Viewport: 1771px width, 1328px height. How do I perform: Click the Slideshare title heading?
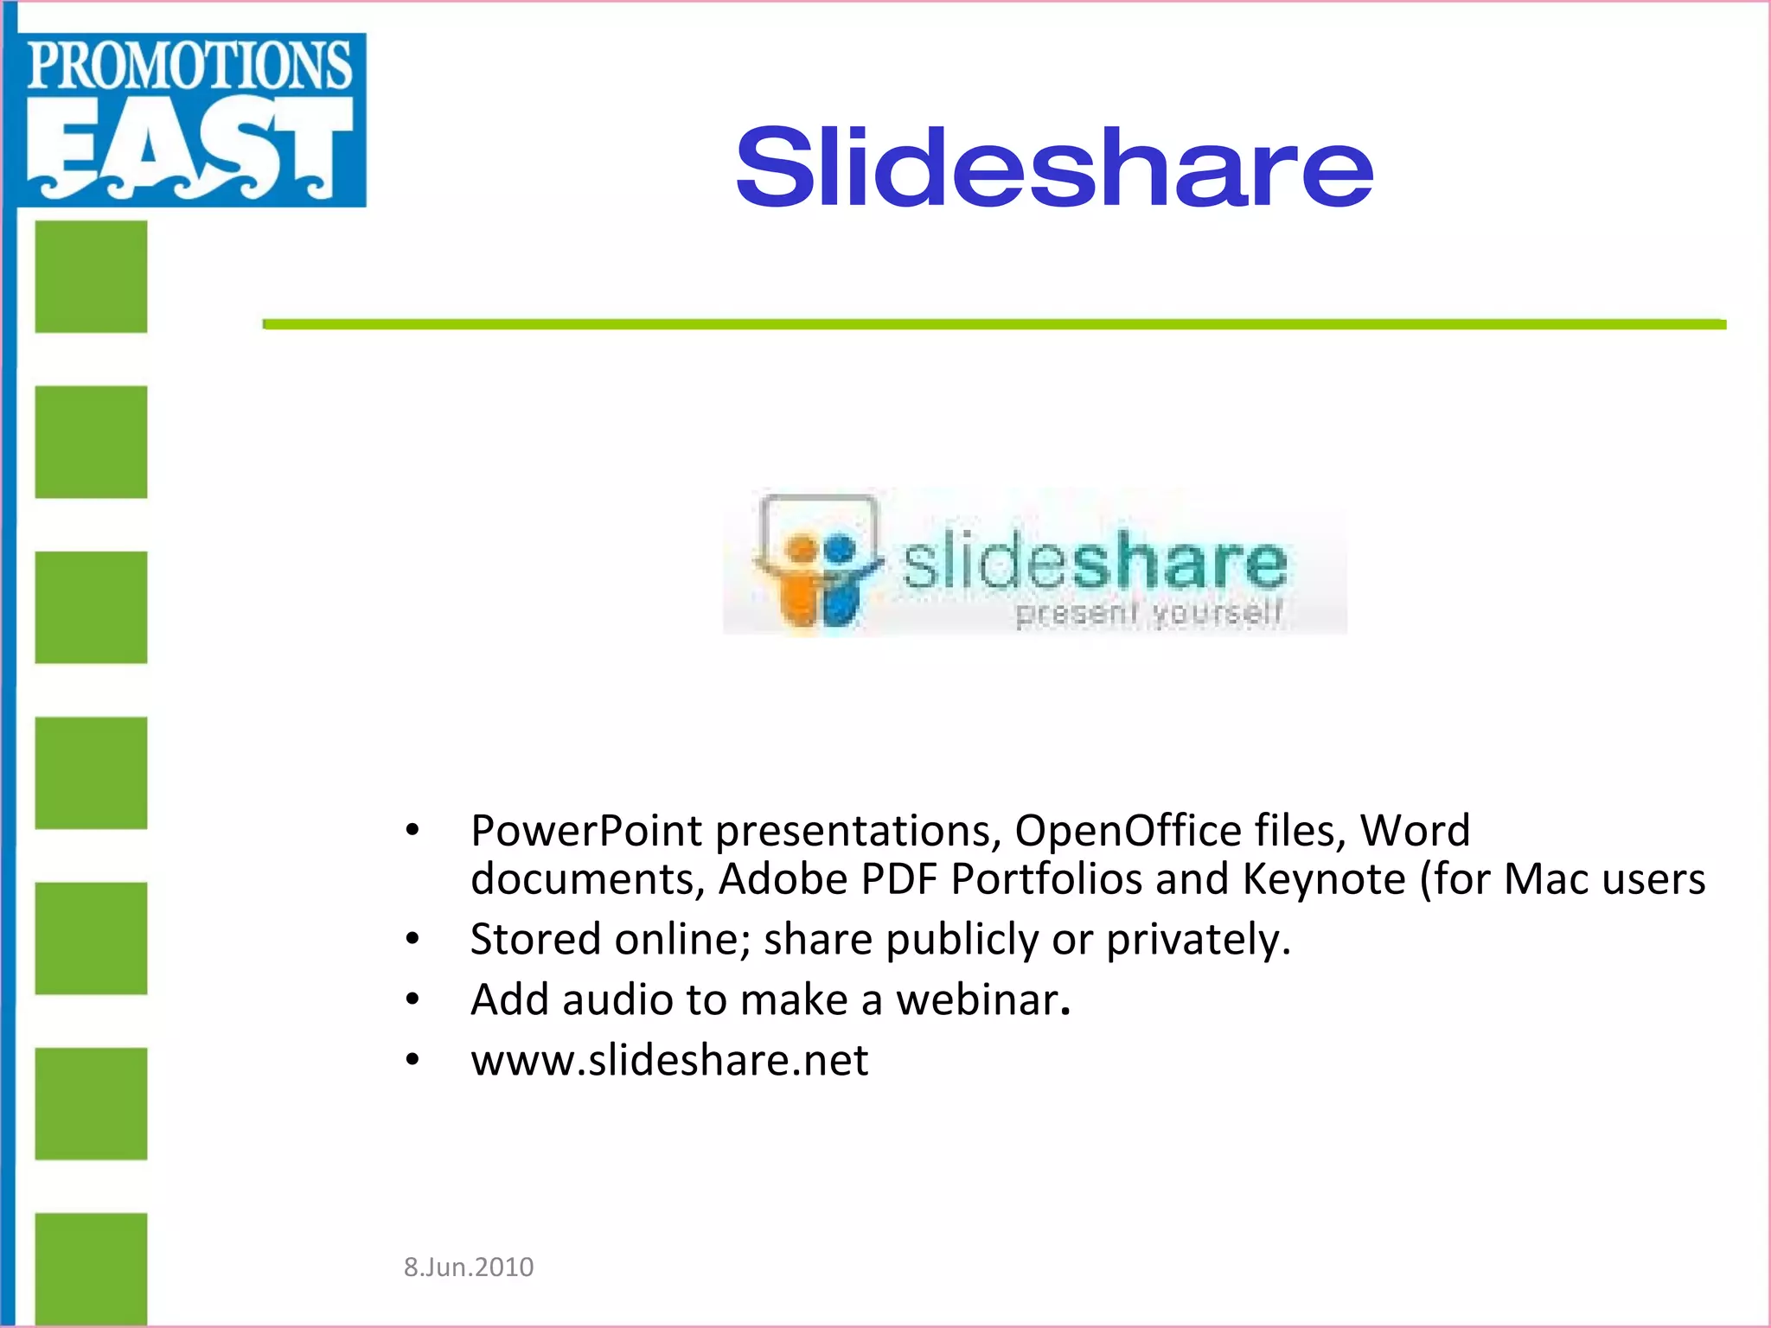point(1053,168)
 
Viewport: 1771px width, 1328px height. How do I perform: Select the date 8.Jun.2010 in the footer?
point(469,1267)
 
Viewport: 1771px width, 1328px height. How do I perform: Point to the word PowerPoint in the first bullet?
point(586,831)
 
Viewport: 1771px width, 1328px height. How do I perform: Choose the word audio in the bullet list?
point(617,999)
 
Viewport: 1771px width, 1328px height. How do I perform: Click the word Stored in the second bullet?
point(534,939)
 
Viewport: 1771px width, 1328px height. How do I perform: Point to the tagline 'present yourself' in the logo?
point(1148,613)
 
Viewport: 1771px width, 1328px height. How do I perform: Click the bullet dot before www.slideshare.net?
point(412,1059)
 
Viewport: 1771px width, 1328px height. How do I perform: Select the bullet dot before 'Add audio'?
point(412,999)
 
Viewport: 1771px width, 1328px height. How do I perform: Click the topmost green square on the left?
point(91,277)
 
